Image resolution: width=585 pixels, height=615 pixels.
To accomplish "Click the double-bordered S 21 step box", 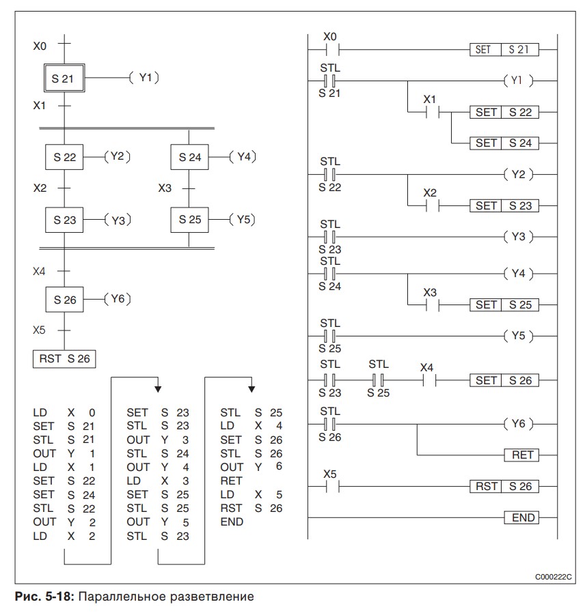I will click(x=64, y=78).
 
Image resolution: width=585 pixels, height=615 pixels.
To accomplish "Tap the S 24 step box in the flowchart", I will click(x=189, y=157).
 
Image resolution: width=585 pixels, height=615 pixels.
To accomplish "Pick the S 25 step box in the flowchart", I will click(x=189, y=220).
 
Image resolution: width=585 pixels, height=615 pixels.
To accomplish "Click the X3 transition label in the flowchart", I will click(x=165, y=188).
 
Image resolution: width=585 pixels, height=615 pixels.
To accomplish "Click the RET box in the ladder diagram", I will click(x=521, y=455).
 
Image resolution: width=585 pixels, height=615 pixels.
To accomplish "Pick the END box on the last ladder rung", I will click(x=521, y=517).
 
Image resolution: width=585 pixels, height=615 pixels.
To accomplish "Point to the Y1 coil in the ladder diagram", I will click(x=517, y=81).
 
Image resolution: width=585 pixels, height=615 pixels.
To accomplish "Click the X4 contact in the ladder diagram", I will click(x=427, y=380).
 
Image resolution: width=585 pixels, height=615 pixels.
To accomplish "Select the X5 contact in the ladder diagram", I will click(x=330, y=486).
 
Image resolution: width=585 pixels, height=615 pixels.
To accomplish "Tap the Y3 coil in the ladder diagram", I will click(x=517, y=237).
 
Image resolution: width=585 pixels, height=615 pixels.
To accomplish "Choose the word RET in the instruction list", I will click(x=230, y=481).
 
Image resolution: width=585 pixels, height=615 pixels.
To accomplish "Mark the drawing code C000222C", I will click(x=554, y=577).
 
